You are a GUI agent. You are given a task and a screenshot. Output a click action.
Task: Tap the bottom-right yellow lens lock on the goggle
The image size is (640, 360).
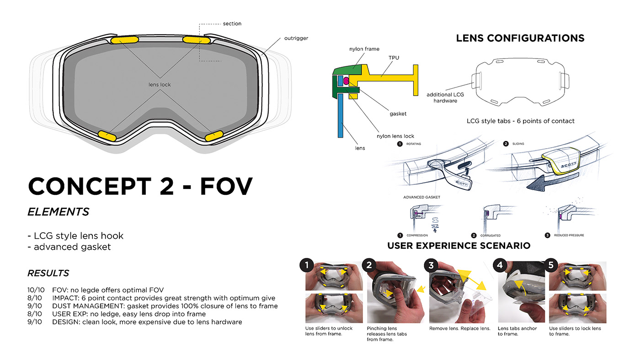(213, 135)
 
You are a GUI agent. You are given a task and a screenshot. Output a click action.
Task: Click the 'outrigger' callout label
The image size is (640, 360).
(296, 38)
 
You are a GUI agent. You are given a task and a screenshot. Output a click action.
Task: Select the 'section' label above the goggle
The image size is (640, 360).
(232, 24)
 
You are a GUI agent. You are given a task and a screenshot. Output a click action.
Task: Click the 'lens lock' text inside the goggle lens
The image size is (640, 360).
(160, 85)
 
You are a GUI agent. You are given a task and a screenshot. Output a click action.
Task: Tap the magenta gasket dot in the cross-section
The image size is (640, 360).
(346, 81)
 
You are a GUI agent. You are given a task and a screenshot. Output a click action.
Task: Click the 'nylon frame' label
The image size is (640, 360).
(364, 49)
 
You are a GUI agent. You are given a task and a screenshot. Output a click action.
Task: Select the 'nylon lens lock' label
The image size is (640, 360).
(395, 136)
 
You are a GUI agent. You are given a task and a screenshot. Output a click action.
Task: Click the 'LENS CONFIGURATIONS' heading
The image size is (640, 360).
(520, 38)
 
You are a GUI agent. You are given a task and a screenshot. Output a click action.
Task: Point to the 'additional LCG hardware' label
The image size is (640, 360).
(445, 97)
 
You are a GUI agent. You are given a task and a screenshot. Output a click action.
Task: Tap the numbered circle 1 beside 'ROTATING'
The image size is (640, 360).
(400, 144)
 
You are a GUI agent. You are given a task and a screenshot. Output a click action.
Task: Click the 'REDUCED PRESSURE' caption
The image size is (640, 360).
(569, 235)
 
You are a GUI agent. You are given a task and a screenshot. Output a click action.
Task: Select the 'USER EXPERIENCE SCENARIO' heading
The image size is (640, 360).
(459, 246)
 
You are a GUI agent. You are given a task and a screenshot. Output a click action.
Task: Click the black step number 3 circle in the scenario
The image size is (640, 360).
(431, 265)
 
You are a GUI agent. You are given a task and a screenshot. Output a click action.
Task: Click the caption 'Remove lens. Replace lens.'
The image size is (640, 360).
(459, 328)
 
